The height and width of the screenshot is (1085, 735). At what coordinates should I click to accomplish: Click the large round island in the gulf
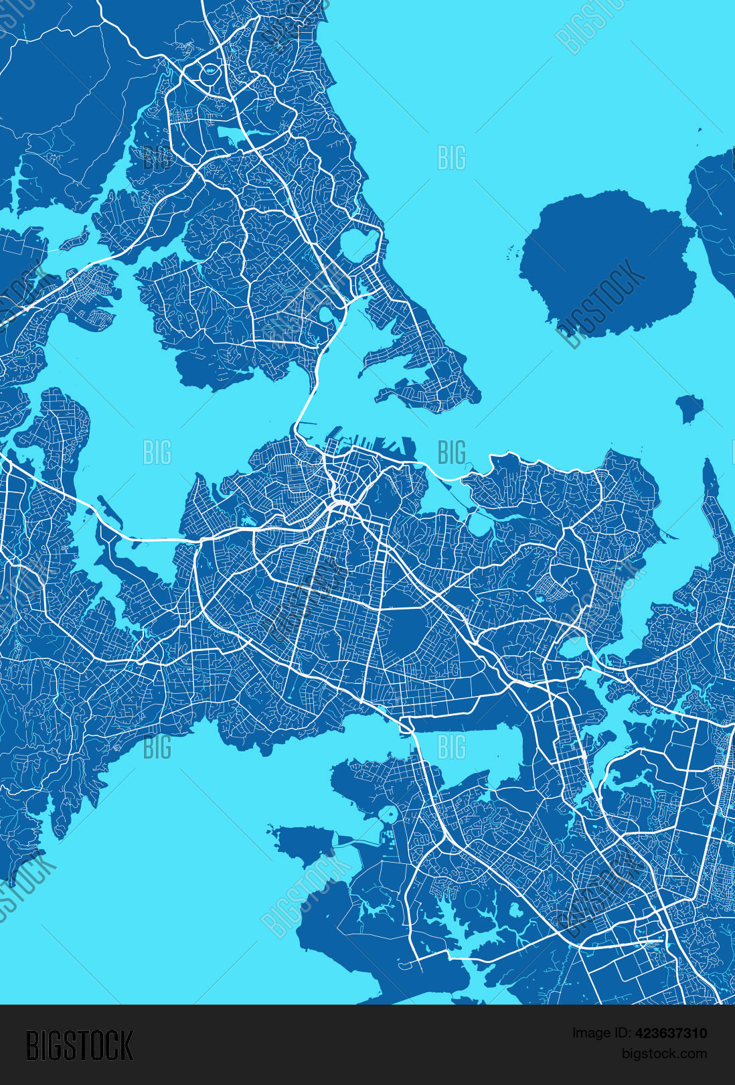pyautogui.click(x=606, y=261)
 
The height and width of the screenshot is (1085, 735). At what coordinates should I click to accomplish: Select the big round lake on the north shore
pyautogui.click(x=359, y=244)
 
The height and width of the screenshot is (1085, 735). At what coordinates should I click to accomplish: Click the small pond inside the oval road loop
pyautogui.click(x=210, y=70)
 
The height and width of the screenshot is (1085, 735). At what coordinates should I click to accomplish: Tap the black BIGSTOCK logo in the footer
pyautogui.click(x=80, y=1046)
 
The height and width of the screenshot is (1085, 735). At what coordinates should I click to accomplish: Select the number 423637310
pyautogui.click(x=671, y=1033)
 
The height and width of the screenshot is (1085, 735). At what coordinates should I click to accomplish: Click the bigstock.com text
pyautogui.click(x=664, y=1054)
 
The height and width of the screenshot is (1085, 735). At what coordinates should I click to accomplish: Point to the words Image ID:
pyautogui.click(x=601, y=1033)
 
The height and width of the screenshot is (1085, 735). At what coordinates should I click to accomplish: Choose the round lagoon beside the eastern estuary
pyautogui.click(x=573, y=647)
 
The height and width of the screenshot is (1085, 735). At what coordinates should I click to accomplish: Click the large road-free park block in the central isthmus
pyautogui.click(x=408, y=633)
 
